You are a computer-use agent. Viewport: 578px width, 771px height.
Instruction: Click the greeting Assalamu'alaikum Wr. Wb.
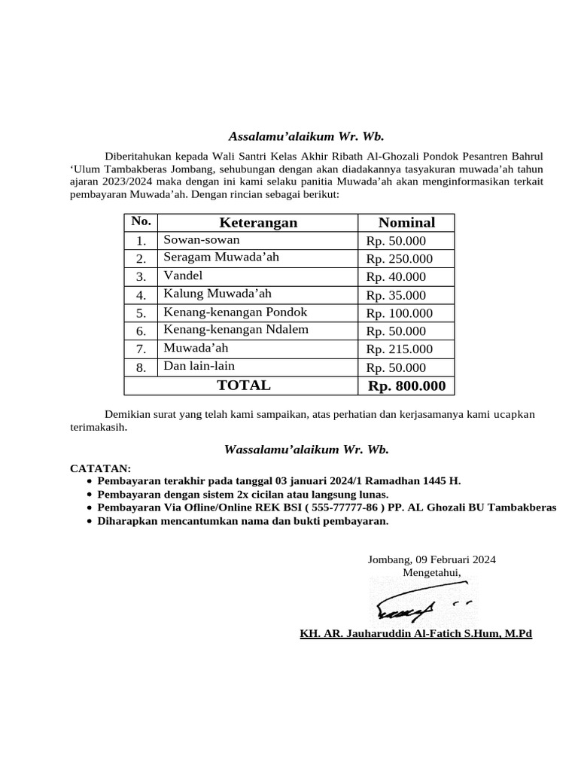tap(306, 136)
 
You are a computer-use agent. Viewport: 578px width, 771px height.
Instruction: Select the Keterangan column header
tap(258, 222)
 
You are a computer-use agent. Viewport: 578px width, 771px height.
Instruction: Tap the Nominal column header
tap(406, 222)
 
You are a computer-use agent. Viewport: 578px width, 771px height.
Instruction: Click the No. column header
tap(141, 221)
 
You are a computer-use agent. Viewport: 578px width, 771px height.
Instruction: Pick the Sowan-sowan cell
tap(202, 240)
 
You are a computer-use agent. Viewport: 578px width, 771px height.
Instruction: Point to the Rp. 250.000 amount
tap(400, 259)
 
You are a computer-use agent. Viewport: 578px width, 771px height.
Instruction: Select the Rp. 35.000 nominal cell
tap(396, 295)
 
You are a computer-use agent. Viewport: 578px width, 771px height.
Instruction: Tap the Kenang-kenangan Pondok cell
tap(235, 312)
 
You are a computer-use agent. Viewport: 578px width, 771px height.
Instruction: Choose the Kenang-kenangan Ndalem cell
tap(236, 330)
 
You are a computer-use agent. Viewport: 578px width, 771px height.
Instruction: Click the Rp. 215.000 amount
tap(400, 349)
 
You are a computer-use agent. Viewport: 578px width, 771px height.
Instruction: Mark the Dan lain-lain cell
tap(199, 366)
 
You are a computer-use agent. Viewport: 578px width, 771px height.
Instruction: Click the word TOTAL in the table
tap(244, 385)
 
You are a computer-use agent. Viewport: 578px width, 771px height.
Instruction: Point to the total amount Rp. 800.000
tap(406, 386)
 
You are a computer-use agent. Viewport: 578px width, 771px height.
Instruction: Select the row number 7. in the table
tap(141, 349)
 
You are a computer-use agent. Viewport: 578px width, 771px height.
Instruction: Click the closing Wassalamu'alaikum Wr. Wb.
tap(306, 449)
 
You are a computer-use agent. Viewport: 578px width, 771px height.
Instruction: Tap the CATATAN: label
tap(100, 468)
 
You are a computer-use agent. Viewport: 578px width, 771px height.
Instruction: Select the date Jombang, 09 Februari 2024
tap(431, 559)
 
